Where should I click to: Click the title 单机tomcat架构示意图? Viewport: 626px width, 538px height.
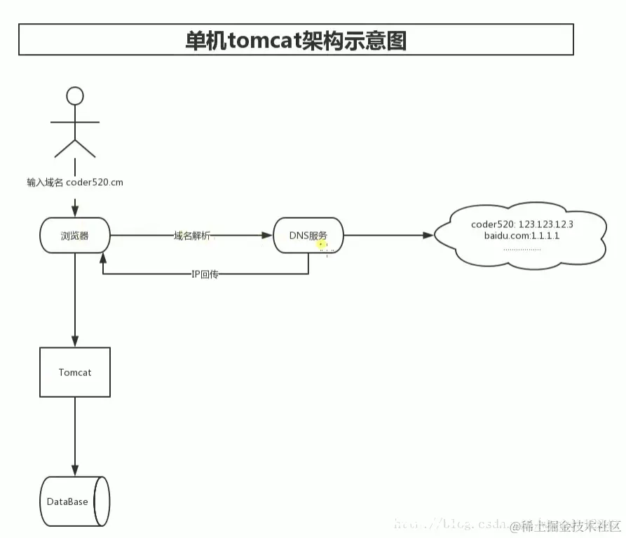click(295, 40)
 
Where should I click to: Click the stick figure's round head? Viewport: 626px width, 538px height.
click(74, 95)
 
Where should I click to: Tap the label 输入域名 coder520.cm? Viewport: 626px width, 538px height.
click(75, 182)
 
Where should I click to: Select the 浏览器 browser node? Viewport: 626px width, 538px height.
click(75, 236)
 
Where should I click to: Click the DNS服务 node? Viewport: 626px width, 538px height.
click(308, 236)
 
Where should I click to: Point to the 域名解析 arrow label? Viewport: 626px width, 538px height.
click(191, 236)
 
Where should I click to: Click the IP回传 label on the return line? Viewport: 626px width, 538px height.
click(205, 274)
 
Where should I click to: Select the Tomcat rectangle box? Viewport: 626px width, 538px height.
click(75, 372)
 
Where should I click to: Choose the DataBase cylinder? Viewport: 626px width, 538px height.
click(75, 502)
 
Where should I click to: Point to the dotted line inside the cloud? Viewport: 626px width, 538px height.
click(522, 249)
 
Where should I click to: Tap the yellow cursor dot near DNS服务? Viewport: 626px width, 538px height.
click(322, 245)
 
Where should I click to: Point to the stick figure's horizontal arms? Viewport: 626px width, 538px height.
click(74, 122)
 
